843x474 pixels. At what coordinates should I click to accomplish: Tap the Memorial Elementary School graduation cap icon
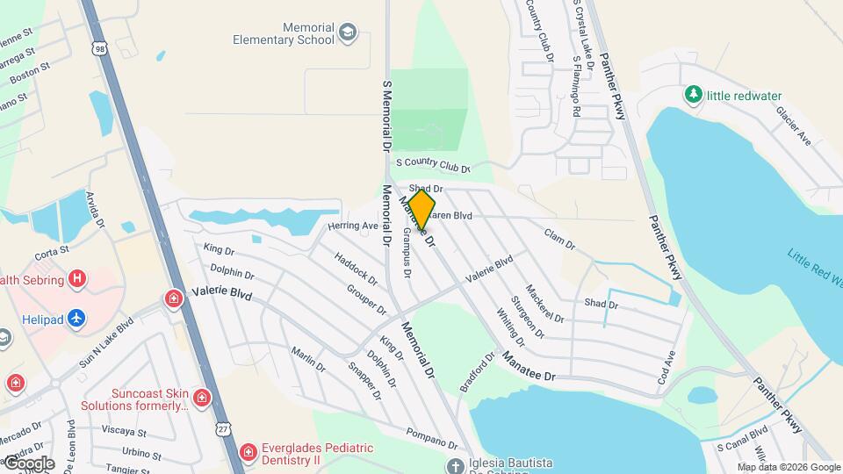point(349,32)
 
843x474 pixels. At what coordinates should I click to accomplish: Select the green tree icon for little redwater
point(694,94)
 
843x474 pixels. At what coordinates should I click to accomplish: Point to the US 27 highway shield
point(225,427)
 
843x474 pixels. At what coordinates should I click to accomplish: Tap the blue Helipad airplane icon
point(77,318)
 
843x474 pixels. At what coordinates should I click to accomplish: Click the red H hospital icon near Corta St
point(77,279)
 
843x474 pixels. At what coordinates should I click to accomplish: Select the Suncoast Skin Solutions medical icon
point(202,399)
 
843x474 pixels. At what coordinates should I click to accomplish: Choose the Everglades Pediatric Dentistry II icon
point(249,454)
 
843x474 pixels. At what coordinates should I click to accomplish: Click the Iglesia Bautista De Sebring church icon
point(454,465)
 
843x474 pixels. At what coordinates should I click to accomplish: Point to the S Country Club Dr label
point(433,164)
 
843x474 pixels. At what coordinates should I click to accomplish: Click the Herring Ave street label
point(352,226)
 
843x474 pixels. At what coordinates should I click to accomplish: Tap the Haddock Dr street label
point(356,269)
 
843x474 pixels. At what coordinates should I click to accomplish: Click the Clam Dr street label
point(558,238)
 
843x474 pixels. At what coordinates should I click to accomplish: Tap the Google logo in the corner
point(28,463)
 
